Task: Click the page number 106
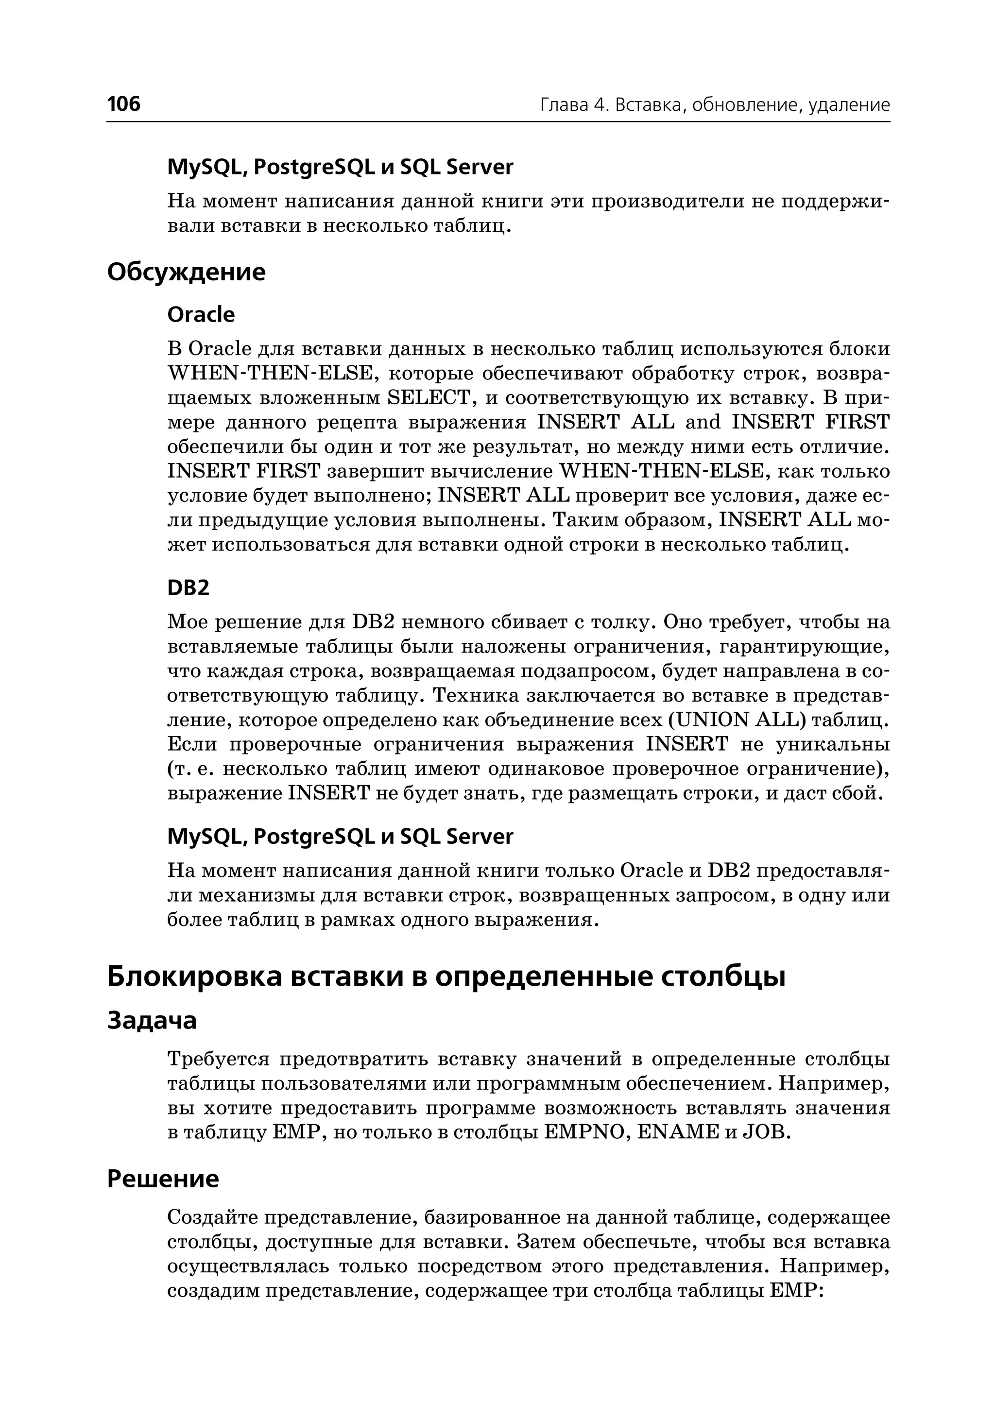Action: click(x=124, y=104)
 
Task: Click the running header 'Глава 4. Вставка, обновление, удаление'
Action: click(x=714, y=105)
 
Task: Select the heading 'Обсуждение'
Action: click(x=186, y=272)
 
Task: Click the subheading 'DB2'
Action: click(x=188, y=588)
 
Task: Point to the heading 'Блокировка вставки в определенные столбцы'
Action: click(x=446, y=977)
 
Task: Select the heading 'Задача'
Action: click(x=152, y=1021)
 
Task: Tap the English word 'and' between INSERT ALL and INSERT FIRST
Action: click(x=703, y=423)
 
